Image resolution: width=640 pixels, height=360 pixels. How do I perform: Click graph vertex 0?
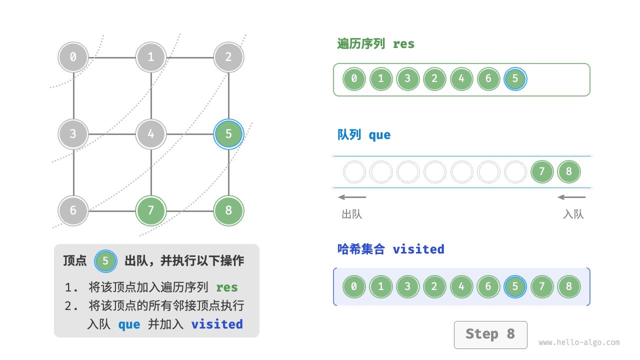73,57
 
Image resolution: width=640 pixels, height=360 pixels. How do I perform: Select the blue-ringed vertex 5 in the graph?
228,133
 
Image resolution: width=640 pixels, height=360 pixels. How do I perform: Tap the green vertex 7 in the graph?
151,210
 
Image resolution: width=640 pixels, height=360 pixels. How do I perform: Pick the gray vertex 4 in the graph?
151,134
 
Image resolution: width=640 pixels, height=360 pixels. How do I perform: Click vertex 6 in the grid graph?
73,210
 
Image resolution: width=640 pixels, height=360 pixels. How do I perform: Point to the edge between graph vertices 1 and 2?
190,57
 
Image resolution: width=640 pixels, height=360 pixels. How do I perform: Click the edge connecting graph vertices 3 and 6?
74,172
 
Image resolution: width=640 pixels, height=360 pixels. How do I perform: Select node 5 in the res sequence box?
515,79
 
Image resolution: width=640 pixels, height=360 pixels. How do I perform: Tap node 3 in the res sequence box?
408,79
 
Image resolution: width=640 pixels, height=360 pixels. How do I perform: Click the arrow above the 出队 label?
352,197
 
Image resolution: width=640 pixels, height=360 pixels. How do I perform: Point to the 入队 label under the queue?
573,214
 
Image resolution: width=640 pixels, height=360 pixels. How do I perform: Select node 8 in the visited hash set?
569,287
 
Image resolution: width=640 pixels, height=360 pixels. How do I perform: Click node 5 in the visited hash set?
515,287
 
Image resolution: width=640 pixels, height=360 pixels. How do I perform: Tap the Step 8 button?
490,334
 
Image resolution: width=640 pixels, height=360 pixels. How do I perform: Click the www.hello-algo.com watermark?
579,342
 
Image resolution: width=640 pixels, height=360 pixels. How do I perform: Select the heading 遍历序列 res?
376,44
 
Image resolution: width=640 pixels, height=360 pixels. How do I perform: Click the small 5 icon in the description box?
105,261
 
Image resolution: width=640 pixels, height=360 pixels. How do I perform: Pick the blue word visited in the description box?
217,324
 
